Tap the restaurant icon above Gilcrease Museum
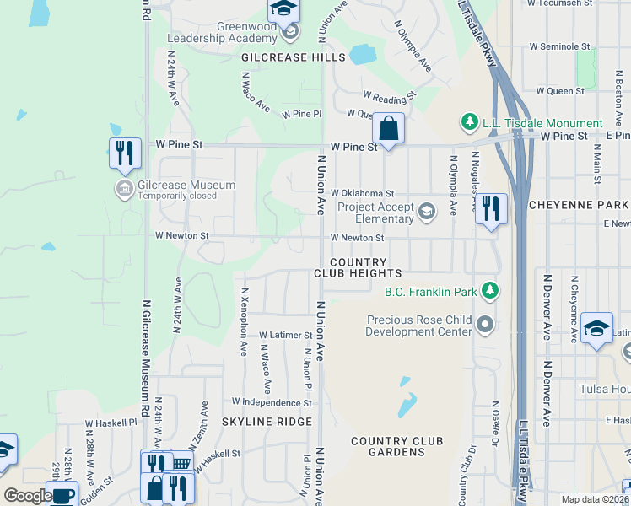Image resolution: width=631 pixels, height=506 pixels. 125,153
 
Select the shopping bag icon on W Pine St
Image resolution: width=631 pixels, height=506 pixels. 388,130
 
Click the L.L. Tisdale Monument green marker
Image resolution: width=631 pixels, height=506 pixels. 470,123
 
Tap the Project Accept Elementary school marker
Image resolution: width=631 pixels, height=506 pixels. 428,211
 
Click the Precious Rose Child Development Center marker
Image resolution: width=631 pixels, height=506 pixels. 485,324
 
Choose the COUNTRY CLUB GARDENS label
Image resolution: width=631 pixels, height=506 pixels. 396,446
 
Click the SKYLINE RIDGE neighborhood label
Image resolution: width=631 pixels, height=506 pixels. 267,422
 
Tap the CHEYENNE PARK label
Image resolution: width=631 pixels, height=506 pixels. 578,205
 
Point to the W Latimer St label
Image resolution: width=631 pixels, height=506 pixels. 285,336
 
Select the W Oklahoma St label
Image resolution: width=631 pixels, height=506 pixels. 362,193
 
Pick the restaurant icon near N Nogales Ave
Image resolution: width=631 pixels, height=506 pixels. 491,209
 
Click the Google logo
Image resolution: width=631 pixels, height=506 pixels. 28,496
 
